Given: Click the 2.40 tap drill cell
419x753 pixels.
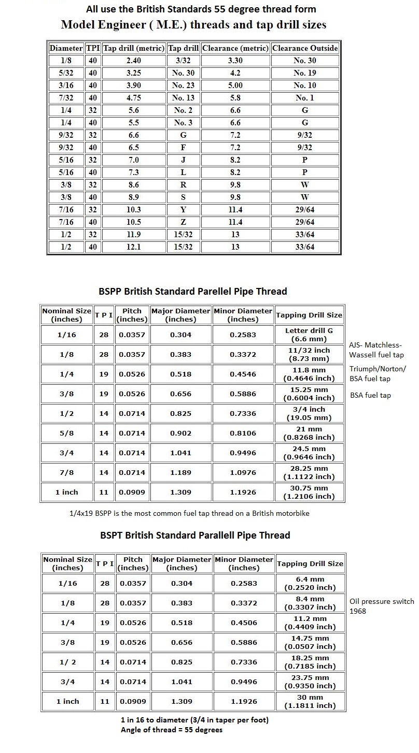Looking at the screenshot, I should point(133,61).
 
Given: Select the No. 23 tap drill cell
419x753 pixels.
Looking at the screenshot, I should point(183,85).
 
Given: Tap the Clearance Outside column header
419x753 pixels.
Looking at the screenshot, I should point(305,48).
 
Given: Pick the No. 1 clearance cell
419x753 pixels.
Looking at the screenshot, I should point(305,98).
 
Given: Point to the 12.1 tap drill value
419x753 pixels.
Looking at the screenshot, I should point(133,247).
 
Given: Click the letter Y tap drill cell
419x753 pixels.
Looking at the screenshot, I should point(183,210).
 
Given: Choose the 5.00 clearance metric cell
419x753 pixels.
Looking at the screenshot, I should point(235,85).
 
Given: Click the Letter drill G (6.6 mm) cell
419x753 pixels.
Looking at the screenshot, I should point(310,335).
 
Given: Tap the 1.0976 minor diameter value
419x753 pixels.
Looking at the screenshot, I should point(243,473).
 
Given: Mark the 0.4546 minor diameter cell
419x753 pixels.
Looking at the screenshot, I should point(243,374).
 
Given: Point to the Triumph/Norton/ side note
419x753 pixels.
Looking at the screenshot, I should point(378,369).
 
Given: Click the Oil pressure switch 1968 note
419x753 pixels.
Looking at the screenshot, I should point(382,606).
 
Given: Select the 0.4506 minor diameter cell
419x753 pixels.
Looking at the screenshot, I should point(243,623).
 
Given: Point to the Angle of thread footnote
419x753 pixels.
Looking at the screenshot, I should point(172,730).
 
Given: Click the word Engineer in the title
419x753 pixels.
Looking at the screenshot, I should point(114,24).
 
